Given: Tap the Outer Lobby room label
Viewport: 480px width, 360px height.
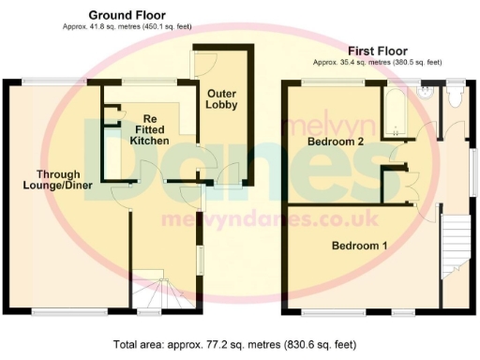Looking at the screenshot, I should point(222,97).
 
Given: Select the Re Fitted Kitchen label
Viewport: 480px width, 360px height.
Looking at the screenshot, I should point(149,129).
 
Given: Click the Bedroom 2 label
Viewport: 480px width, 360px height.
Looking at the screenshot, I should point(335,142).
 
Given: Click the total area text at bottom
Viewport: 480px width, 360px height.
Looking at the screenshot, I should point(239,344).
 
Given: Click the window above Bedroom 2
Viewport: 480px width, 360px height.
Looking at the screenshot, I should point(333,82).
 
